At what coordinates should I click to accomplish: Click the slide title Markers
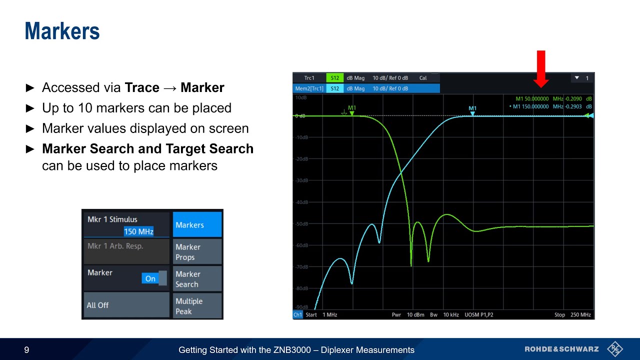point(62,31)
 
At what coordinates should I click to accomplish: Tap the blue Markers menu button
point(197,225)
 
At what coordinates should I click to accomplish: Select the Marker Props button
point(197,252)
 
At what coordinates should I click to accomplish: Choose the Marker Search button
point(197,279)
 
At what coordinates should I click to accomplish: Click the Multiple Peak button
point(197,306)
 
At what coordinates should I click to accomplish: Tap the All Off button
point(126,305)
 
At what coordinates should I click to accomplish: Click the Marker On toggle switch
point(154,278)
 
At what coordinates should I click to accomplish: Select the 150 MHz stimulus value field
point(138,231)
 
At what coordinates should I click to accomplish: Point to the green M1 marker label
point(352,108)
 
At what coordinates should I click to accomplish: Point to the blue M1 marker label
point(472,108)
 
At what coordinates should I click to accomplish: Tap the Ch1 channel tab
point(298,315)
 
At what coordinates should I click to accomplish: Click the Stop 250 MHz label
point(572,315)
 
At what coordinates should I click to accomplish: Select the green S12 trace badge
point(335,78)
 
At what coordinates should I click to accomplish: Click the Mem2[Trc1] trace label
point(309,88)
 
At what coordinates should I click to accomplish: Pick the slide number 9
point(26,350)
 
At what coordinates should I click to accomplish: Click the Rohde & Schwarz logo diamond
point(614,349)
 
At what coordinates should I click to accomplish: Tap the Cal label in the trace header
point(423,78)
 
